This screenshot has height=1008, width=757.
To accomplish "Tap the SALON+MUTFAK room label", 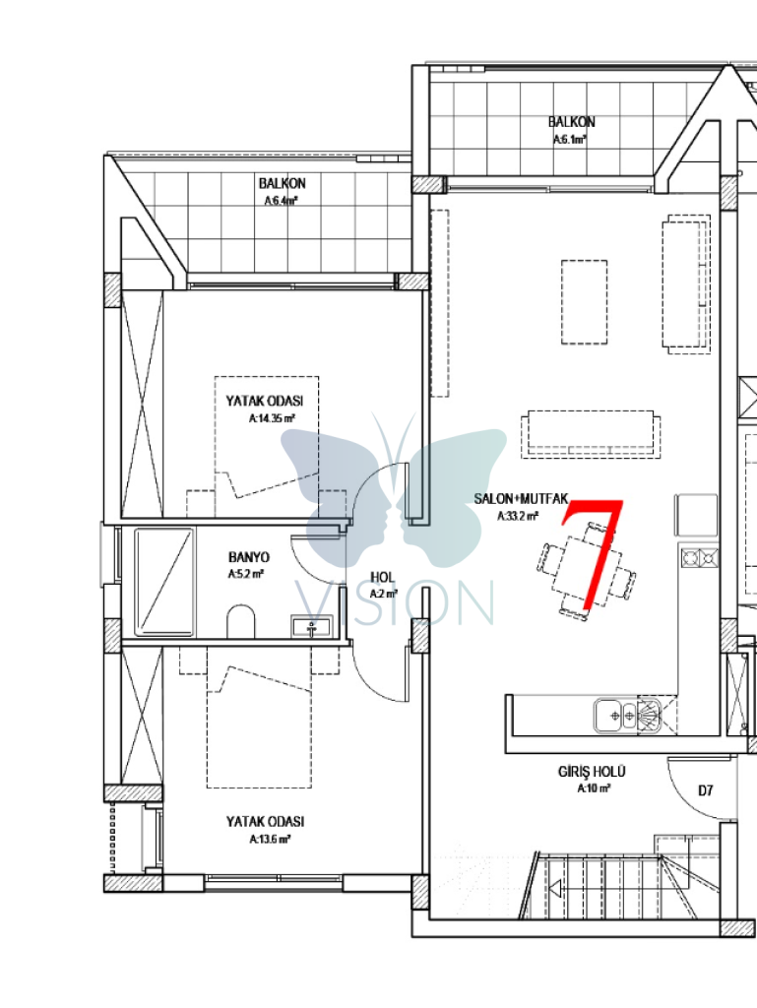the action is click(521, 499).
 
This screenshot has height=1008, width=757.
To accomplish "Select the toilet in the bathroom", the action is click(241, 620).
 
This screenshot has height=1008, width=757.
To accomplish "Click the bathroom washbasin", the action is click(312, 626).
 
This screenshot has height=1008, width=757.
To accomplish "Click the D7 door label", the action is click(706, 790).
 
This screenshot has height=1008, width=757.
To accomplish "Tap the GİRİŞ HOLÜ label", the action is click(592, 772).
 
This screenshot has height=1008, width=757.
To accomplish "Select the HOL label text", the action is click(382, 577).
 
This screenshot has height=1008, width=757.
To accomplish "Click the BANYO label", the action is click(249, 557).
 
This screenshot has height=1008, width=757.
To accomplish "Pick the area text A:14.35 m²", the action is click(272, 418).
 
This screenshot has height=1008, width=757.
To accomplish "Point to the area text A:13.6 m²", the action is click(270, 839).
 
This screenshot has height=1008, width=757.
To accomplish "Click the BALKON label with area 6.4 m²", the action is click(283, 184).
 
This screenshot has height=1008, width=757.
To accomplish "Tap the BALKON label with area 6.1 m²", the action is click(571, 122).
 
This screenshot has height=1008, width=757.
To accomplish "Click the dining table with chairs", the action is click(587, 571).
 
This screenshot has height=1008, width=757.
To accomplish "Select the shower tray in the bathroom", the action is click(163, 583).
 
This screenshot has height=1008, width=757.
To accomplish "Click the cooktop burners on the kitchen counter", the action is click(700, 557).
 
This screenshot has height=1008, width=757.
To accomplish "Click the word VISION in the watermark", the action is click(395, 603).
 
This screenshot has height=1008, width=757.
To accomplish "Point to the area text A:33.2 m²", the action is click(518, 516).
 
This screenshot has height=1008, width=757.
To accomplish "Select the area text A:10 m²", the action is click(594, 788).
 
